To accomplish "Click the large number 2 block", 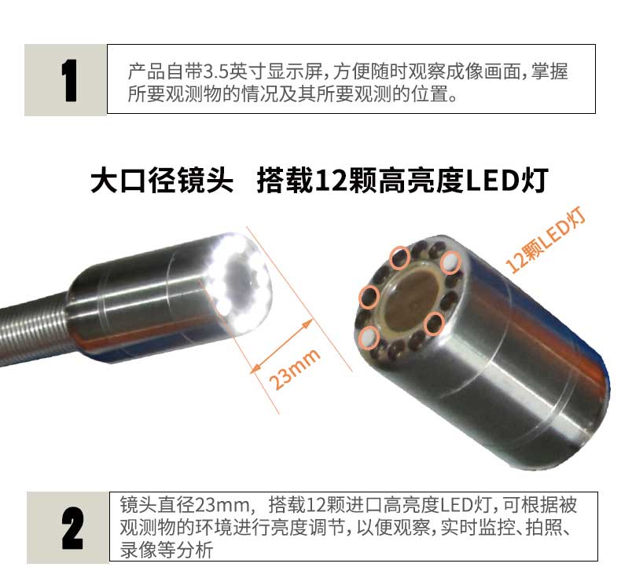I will click(68, 527).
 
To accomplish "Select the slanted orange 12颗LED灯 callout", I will click(548, 241).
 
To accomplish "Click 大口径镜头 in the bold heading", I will click(162, 182).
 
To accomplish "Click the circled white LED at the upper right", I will click(450, 262).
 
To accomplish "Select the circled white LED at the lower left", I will click(368, 338).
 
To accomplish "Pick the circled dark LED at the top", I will click(400, 255).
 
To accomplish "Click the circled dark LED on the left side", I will click(367, 297).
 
